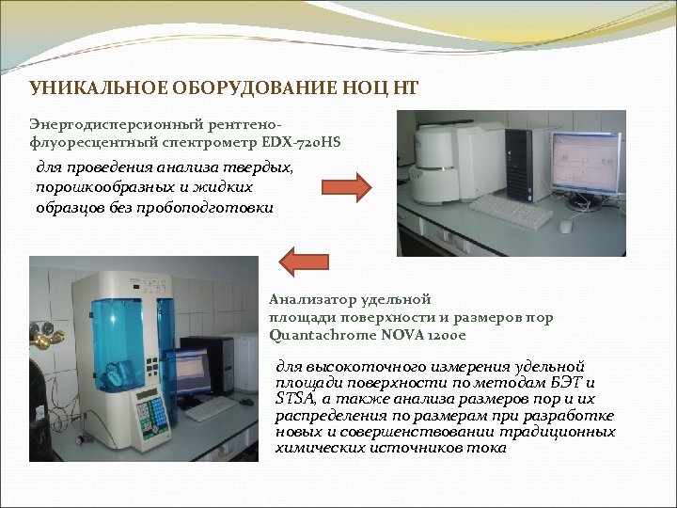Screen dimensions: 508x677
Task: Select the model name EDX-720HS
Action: tap(304, 141)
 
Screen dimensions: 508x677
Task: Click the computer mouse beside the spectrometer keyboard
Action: tap(565, 226)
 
